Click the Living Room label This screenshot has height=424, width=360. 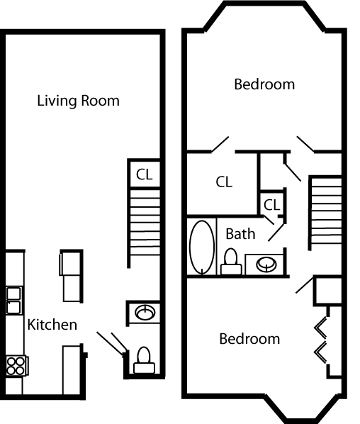(x=78, y=101)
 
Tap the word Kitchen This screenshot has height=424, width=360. (x=52, y=325)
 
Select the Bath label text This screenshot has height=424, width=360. (x=240, y=233)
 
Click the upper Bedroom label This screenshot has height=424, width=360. (x=264, y=84)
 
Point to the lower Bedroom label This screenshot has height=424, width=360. (x=249, y=339)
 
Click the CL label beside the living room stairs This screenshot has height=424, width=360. (x=144, y=173)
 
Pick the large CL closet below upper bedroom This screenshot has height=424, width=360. (x=224, y=182)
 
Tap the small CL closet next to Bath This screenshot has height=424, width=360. (x=272, y=205)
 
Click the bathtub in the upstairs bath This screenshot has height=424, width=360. (x=202, y=247)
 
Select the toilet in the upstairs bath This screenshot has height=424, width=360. (x=230, y=262)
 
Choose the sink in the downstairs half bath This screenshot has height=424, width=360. (x=145, y=312)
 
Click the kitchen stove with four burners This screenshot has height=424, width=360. (x=15, y=365)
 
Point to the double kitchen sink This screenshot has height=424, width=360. (x=13, y=300)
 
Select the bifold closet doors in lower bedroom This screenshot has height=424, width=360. (x=322, y=340)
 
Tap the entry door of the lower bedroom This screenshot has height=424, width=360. (x=304, y=285)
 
